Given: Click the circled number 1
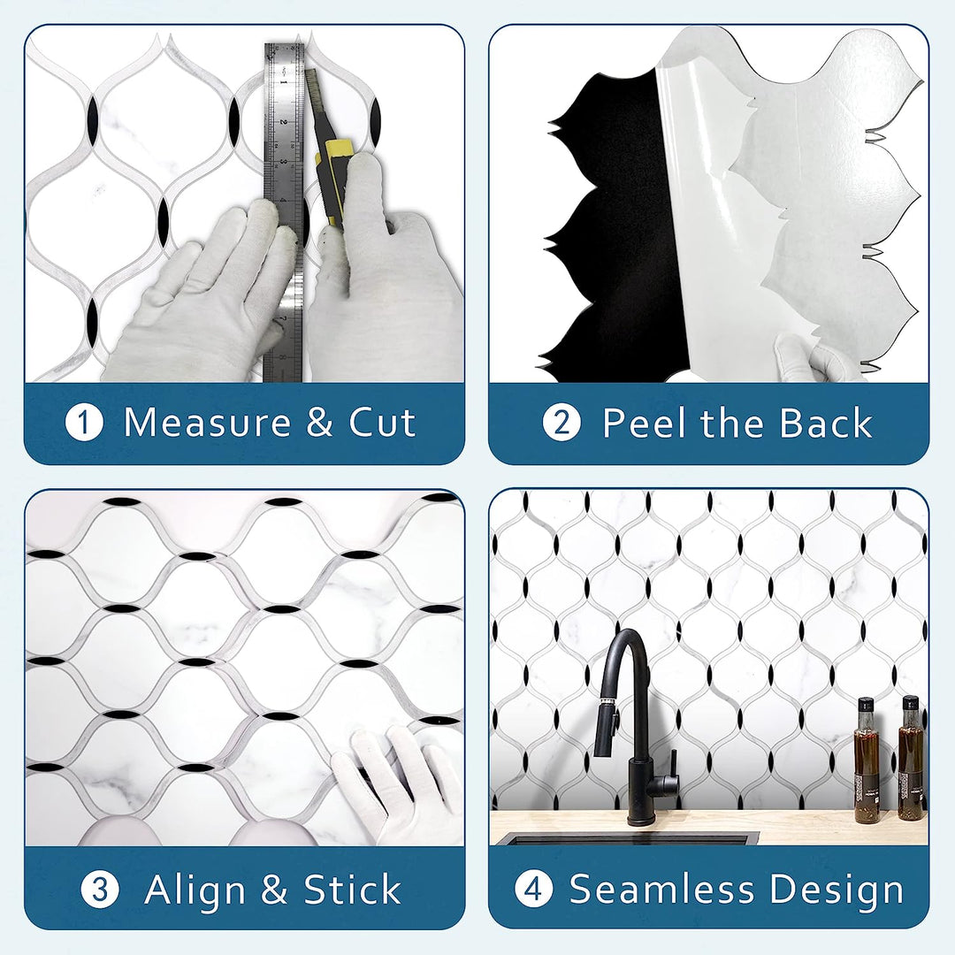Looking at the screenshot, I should click(x=84, y=424).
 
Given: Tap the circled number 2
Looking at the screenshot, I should click(x=562, y=424).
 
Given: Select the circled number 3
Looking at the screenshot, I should click(x=99, y=890).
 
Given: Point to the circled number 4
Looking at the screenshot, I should click(x=533, y=890).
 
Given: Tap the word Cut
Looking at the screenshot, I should click(x=381, y=423).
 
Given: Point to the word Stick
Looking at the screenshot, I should click(x=353, y=890).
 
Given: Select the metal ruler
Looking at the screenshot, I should click(x=283, y=212).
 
